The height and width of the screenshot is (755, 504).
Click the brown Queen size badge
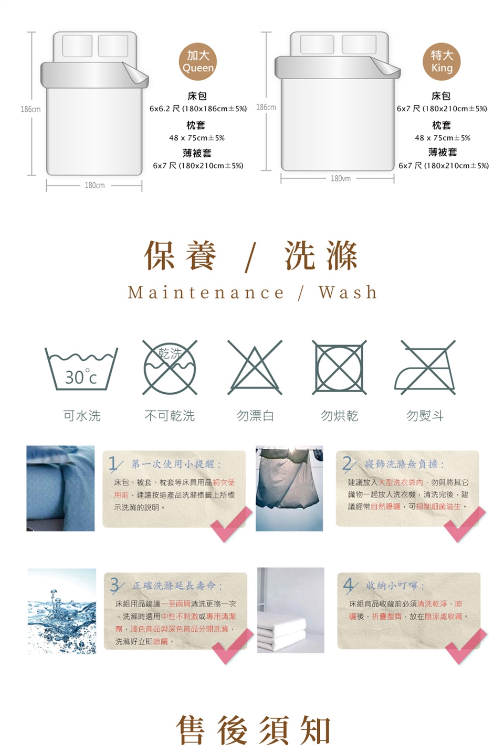tap(198, 62)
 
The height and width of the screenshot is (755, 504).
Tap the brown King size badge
tap(442, 62)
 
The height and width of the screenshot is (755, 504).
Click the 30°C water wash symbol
tap(81, 369)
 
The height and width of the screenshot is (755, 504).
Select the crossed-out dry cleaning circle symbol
tap(170, 368)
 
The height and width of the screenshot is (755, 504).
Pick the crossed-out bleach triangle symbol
tap(255, 368)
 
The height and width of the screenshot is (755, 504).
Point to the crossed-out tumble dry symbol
tap(339, 368)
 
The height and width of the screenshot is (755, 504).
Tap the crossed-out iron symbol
tap(425, 368)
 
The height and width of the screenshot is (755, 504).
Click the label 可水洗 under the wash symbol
tap(82, 416)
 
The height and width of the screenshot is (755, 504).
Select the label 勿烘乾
tap(340, 416)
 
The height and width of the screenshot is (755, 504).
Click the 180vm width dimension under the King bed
tap(341, 179)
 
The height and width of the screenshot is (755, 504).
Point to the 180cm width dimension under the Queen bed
tap(94, 186)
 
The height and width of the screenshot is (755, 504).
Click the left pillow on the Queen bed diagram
tap(77, 46)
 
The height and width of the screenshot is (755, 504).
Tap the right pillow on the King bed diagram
tap(359, 45)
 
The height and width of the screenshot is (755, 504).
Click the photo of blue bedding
tap(60, 489)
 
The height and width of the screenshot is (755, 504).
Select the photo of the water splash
tap(62, 611)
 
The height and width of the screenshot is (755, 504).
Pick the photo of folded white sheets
tap(291, 610)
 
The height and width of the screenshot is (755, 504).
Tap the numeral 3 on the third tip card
tap(115, 586)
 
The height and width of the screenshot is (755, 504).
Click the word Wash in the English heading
tap(348, 292)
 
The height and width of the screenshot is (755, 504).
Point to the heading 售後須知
tap(253, 730)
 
